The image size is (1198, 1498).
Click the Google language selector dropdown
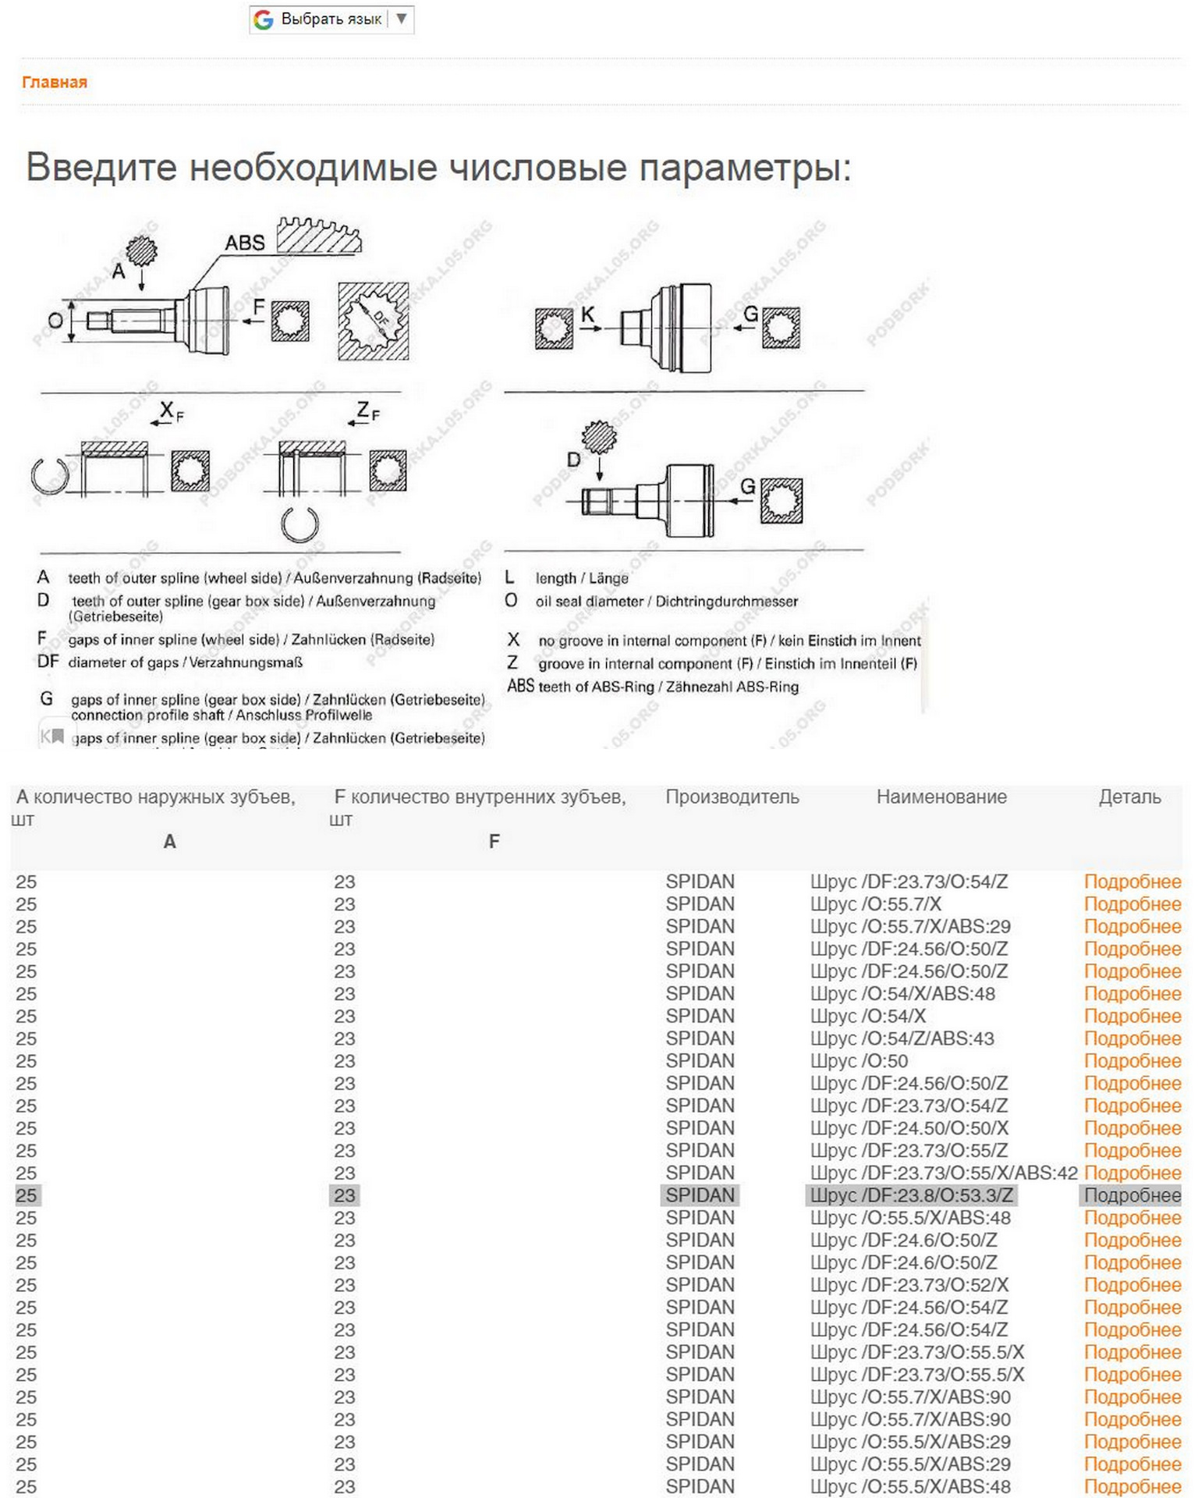click(x=331, y=19)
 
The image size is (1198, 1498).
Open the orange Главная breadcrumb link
click(x=55, y=82)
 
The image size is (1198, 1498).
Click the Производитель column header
click(x=732, y=797)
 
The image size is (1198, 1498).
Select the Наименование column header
click(x=941, y=797)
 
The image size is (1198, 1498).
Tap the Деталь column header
click(x=1129, y=797)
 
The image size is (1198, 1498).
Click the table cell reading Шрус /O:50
click(x=859, y=1061)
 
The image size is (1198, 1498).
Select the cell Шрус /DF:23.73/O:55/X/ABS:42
click(x=943, y=1173)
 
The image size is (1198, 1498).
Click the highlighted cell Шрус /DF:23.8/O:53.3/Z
click(x=911, y=1195)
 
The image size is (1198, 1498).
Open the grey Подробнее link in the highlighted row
click(x=1132, y=1195)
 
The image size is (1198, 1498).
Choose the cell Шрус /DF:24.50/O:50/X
click(x=909, y=1128)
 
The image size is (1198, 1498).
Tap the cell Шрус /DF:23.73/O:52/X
click(x=909, y=1285)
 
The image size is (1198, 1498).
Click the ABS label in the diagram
click(x=245, y=243)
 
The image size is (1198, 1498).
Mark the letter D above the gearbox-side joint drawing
click(x=573, y=460)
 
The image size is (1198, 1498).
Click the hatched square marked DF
click(x=373, y=321)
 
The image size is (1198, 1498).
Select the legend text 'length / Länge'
click(x=581, y=578)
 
